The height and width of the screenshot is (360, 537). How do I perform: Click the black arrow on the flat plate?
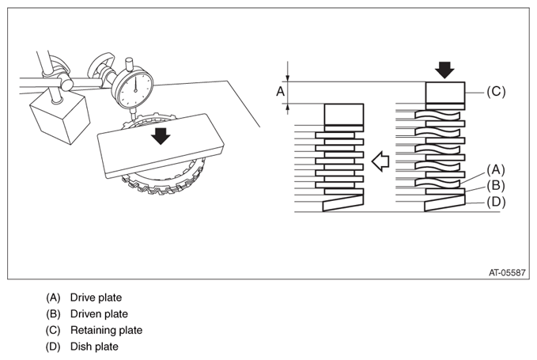click(161, 136)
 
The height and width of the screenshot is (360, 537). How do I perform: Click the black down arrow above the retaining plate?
click(446, 70)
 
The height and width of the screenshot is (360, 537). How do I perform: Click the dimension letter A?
click(279, 92)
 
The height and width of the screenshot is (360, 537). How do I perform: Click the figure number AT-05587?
click(506, 272)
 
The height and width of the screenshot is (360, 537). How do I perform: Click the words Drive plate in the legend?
click(96, 297)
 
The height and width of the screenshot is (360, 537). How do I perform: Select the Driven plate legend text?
click(99, 313)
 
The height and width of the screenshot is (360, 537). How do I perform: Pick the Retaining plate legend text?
click(106, 330)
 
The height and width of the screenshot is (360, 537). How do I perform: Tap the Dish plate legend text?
click(94, 347)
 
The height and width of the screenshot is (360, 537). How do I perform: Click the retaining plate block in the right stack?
click(445, 92)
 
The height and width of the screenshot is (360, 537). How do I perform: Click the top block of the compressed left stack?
click(342, 114)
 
